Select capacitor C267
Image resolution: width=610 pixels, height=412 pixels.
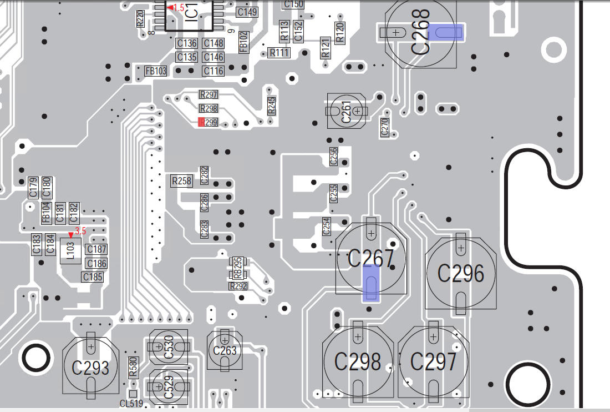pos(371,259)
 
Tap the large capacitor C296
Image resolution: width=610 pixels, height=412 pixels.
pos(461,273)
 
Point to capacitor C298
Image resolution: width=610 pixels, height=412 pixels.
pos(358,362)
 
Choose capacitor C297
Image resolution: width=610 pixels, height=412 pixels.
pos(434,362)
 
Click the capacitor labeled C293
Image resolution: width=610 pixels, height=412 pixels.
pos(90,367)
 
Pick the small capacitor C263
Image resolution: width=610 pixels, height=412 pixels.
pos(225,350)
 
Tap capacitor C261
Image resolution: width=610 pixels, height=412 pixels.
pos(346,111)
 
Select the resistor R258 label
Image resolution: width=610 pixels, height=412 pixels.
pos(181,181)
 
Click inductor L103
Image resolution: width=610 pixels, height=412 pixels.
pos(70,250)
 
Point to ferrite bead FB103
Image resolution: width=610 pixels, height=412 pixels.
pos(156,71)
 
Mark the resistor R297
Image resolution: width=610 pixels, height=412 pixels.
pos(209,94)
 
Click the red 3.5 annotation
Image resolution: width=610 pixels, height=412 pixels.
pos(80,230)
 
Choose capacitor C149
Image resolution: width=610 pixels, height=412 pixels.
pos(247,12)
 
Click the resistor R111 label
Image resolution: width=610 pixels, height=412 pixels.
pos(279,53)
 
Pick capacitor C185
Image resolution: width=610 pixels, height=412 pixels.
pos(93,276)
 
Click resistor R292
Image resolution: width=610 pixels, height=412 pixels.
pos(238,287)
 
